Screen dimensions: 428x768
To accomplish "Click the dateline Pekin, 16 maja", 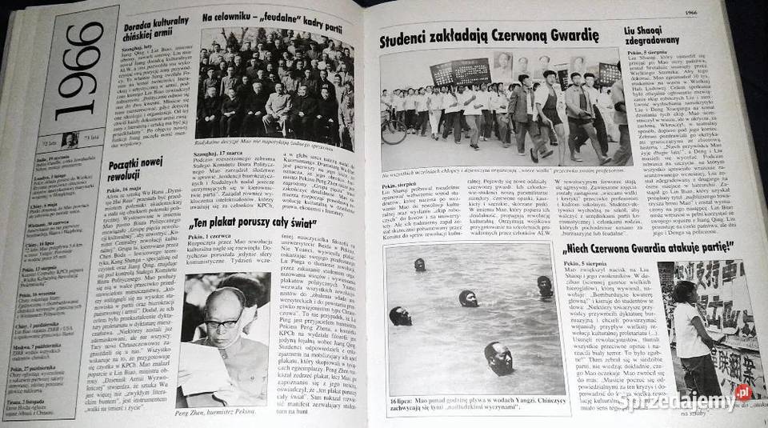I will point(144,194).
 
